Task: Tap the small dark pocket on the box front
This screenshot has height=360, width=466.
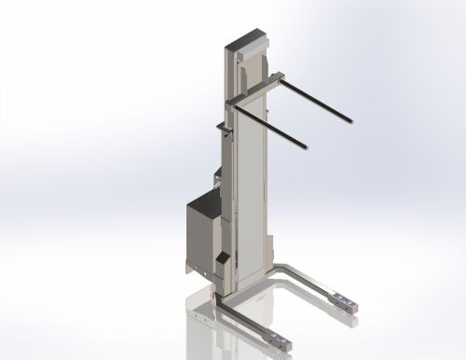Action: tap(222, 256)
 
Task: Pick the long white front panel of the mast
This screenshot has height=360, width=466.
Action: tap(251, 187)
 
